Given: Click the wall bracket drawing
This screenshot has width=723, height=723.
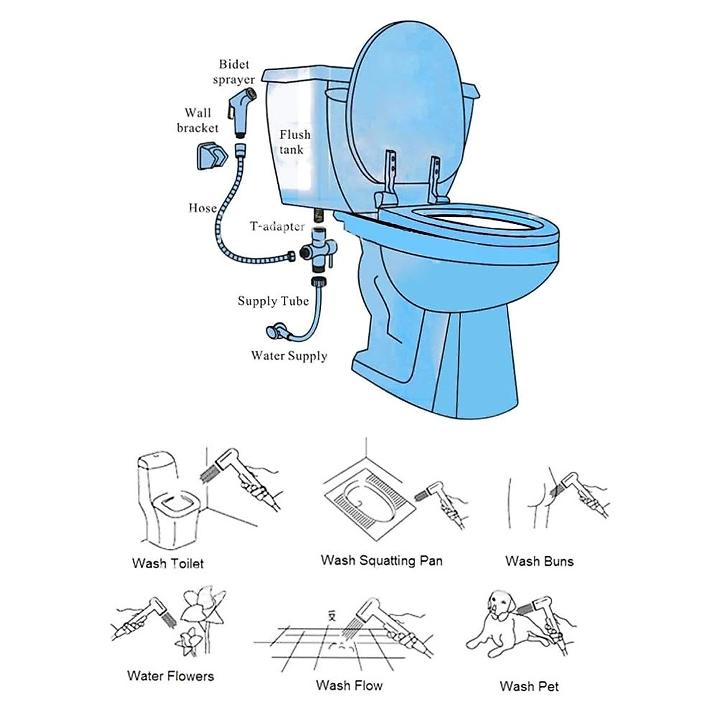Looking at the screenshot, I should click(213, 157).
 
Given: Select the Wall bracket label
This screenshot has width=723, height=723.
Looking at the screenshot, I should click(198, 120).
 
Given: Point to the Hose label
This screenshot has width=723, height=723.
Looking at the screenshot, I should click(202, 208).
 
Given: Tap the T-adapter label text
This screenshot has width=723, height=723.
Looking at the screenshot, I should click(278, 227).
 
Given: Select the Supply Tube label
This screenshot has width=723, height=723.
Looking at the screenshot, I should click(273, 301).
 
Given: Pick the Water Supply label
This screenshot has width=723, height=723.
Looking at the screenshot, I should click(289, 355).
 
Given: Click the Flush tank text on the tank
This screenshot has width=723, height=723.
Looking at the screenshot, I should click(295, 142).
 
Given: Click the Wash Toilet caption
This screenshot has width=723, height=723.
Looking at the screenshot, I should click(167, 564).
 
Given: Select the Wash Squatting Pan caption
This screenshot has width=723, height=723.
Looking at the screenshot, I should click(381, 560).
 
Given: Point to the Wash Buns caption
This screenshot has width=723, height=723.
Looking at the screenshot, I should click(539, 562).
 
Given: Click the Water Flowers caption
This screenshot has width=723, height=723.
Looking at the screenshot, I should click(171, 675).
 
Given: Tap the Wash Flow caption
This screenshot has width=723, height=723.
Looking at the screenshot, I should click(349, 685).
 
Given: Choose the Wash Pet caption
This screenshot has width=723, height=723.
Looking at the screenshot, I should click(529, 686).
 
